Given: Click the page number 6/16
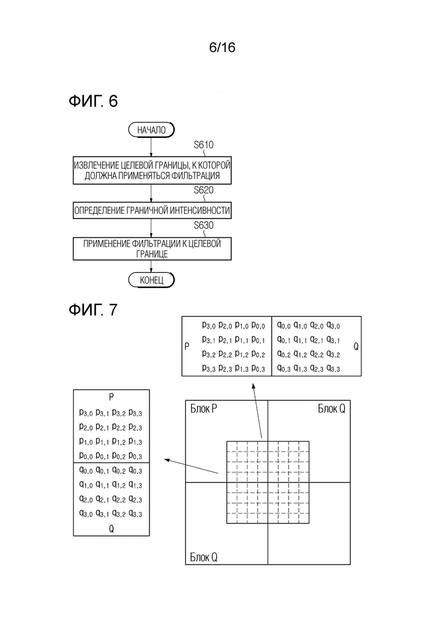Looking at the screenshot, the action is pyautogui.click(x=222, y=47).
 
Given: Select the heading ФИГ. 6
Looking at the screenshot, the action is pyautogui.click(x=93, y=101).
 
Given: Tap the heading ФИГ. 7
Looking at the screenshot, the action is pyautogui.click(x=93, y=310).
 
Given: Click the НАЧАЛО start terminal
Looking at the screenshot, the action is pyautogui.click(x=151, y=130).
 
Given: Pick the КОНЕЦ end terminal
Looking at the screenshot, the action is pyautogui.click(x=151, y=280).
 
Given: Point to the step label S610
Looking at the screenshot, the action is pyautogui.click(x=204, y=145).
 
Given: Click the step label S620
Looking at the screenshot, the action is pyautogui.click(x=204, y=190).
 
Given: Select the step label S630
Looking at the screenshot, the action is pyautogui.click(x=204, y=225).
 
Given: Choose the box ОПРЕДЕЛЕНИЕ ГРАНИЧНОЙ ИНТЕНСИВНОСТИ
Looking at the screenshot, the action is pyautogui.click(x=152, y=210).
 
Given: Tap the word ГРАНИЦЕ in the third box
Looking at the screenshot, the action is pyautogui.click(x=152, y=254).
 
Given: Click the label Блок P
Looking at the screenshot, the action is pyautogui.click(x=204, y=409).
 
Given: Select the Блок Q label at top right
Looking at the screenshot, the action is pyautogui.click(x=332, y=409).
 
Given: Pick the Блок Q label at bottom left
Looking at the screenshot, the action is pyautogui.click(x=204, y=557).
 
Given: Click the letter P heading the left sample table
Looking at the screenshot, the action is pyautogui.click(x=111, y=397).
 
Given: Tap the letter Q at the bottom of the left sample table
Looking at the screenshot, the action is pyautogui.click(x=111, y=529).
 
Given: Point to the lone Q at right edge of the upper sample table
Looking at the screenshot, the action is pyautogui.click(x=356, y=347).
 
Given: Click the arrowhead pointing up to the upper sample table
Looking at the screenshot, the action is pyautogui.click(x=253, y=386).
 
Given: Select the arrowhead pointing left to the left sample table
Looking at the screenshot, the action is pyautogui.click(x=168, y=460).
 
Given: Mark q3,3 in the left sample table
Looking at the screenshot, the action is pyautogui.click(x=135, y=514).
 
